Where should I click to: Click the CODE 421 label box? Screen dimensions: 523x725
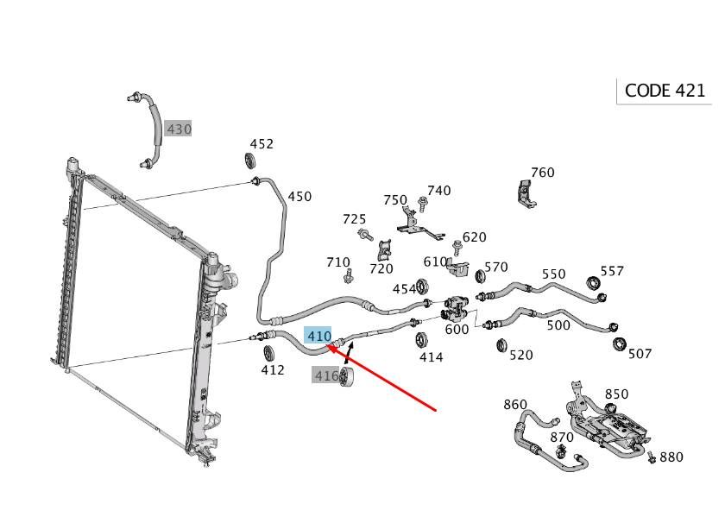(665, 91)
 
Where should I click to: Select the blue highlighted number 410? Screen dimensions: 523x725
(318, 335)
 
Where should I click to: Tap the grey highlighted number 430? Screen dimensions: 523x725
(179, 129)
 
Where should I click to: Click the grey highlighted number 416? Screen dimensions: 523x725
(326, 375)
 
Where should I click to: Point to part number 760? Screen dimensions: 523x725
(542, 173)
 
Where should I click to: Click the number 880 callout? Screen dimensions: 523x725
(671, 457)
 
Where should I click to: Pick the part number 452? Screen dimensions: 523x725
(262, 144)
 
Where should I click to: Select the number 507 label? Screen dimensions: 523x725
(640, 353)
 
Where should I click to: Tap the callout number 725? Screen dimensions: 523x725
(354, 219)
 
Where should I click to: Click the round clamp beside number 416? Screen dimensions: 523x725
(347, 376)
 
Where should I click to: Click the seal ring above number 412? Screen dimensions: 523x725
(268, 351)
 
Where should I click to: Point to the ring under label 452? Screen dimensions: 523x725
(251, 161)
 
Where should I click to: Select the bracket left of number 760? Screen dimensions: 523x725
(524, 192)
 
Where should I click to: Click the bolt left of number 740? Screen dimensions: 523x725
(423, 203)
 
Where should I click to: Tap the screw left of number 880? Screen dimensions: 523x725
(652, 458)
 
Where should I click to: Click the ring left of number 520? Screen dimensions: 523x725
(502, 346)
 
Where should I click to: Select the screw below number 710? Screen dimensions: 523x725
(349, 276)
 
